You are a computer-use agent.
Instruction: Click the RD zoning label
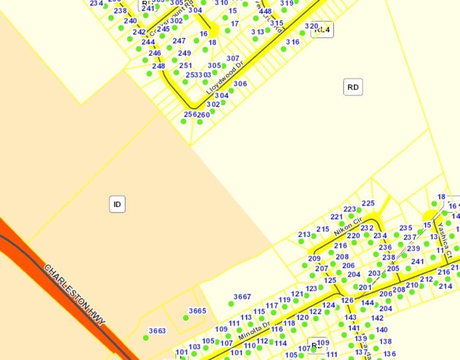coord(353,88)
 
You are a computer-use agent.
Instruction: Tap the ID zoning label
coord(117,204)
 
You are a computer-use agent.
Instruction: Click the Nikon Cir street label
coord(349,228)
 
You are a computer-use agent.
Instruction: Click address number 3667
coord(242,297)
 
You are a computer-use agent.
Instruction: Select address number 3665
coord(197,311)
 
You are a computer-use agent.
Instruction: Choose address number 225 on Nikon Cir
coord(368,203)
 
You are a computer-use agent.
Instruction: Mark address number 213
coord(304,234)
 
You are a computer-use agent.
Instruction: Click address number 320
coord(311,26)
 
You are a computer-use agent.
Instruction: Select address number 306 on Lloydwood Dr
coord(240,84)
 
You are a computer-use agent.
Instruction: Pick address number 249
coord(184,53)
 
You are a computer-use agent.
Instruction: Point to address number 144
coord(367,303)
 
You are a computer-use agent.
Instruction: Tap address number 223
coord(350,209)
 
